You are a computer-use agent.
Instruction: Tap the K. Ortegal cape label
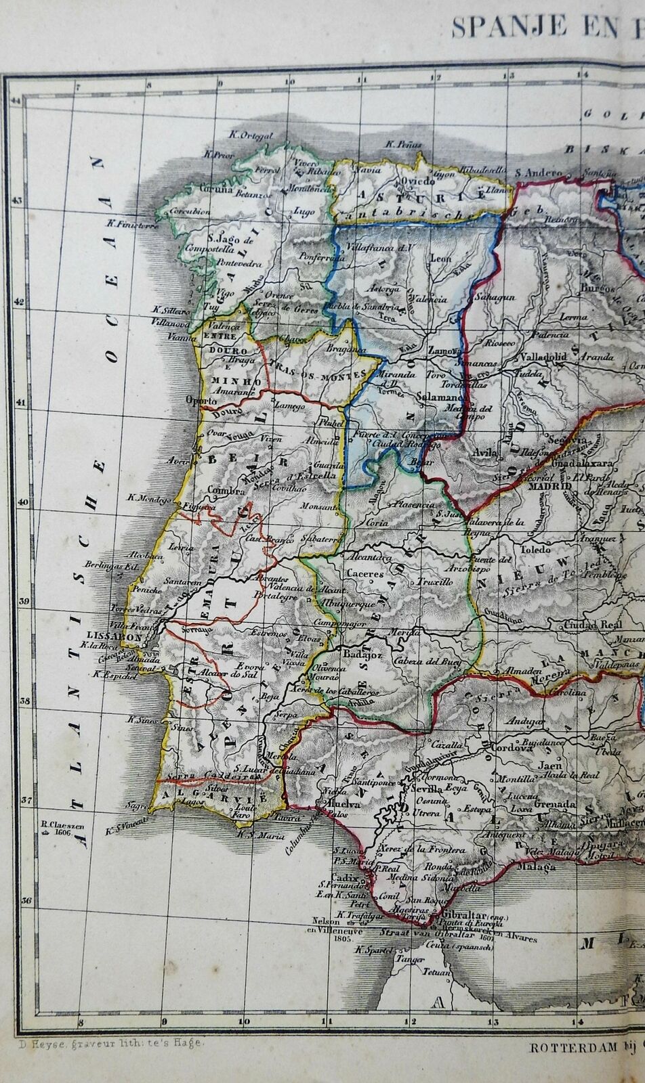[x=251, y=135]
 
